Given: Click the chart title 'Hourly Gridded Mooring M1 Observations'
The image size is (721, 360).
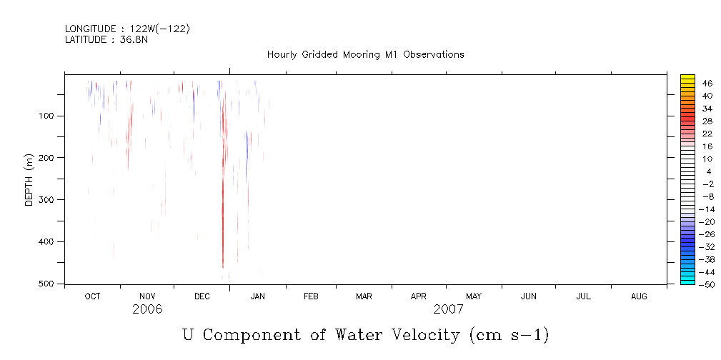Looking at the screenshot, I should pyautogui.click(x=365, y=54).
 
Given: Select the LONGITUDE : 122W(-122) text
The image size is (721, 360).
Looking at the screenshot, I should pyautogui.click(x=127, y=29).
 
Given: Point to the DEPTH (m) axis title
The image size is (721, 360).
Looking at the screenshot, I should pyautogui.click(x=29, y=179).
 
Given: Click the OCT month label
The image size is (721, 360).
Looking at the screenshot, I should pyautogui.click(x=92, y=296).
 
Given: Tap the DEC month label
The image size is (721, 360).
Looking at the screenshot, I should pyautogui.click(x=202, y=296).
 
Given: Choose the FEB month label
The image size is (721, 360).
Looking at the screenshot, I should pyautogui.click(x=311, y=296).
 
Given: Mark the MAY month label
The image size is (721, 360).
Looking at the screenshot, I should pyautogui.click(x=474, y=296).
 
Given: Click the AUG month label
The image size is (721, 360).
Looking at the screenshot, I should pyautogui.click(x=639, y=296).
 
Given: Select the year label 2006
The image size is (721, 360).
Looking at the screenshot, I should pyautogui.click(x=147, y=310).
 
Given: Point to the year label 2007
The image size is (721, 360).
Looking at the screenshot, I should pyautogui.click(x=448, y=310).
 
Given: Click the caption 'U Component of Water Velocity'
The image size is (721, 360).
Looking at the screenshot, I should pyautogui.click(x=365, y=334).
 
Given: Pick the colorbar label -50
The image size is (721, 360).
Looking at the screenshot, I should pyautogui.click(x=706, y=285).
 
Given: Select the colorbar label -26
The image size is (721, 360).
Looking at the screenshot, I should pyautogui.click(x=706, y=234).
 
